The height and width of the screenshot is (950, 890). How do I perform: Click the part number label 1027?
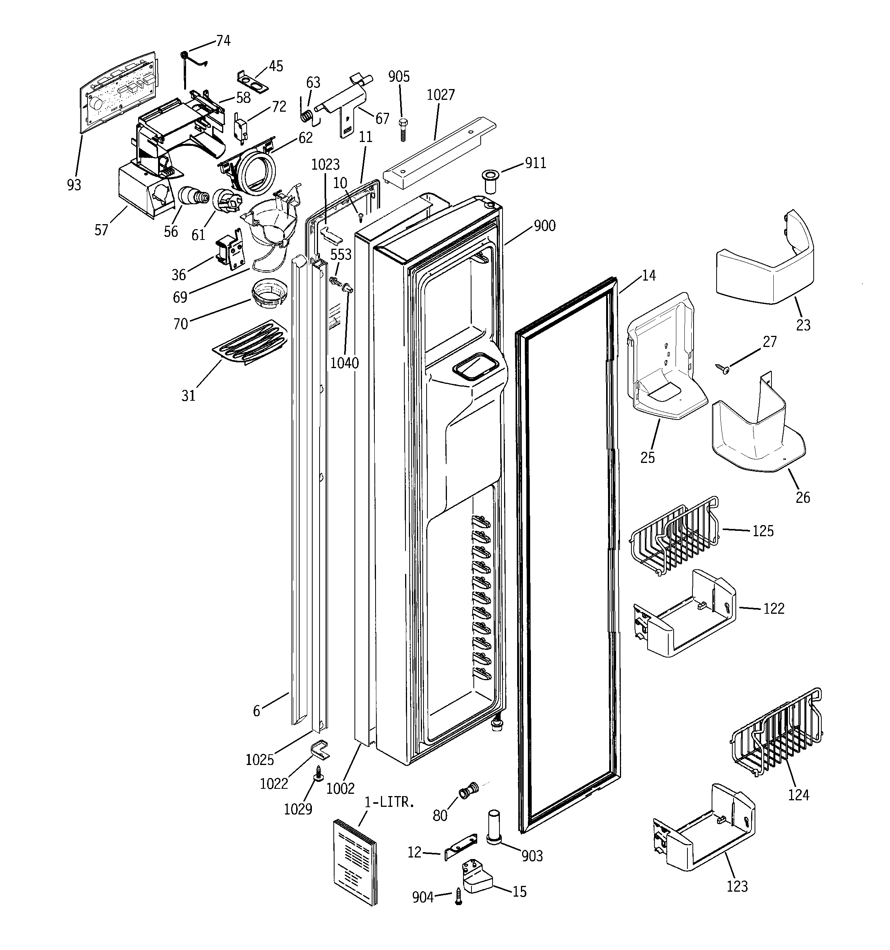[440, 95]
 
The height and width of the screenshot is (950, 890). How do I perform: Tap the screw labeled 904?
[458, 897]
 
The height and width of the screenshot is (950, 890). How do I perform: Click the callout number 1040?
[344, 363]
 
